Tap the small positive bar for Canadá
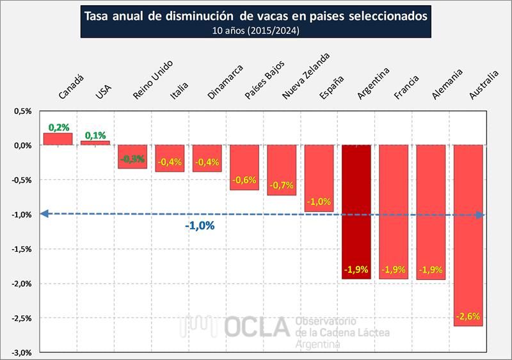click(58, 139)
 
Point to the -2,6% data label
click(468, 316)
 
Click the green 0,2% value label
click(58, 127)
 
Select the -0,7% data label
click(282, 186)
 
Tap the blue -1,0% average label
click(200, 226)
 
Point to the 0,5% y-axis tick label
click(24, 111)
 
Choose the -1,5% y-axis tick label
click(22, 249)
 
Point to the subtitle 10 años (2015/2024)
click(256, 29)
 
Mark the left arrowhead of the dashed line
click(44, 215)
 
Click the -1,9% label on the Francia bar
click(393, 270)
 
